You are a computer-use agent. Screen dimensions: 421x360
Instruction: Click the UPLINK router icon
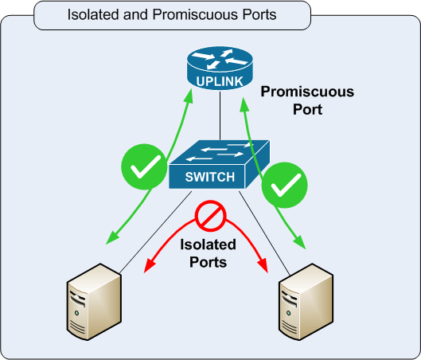pos(220,68)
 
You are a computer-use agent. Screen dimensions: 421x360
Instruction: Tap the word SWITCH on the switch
pos(210,177)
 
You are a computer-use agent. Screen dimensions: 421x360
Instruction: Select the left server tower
pos(94,302)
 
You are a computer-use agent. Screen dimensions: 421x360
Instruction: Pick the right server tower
pos(306,302)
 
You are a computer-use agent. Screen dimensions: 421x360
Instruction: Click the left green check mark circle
pos(144,166)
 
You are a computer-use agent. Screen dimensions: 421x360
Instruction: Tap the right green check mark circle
pos(285,185)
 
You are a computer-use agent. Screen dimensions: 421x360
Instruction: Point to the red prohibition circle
pos(211,216)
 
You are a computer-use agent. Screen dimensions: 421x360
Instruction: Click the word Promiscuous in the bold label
pos(307,92)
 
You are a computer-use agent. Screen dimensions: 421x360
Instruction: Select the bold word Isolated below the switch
pos(208,245)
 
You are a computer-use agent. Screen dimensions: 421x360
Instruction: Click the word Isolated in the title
pos(93,14)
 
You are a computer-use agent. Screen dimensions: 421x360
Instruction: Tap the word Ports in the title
pos(259,14)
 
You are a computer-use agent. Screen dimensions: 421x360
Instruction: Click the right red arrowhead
pos(263,266)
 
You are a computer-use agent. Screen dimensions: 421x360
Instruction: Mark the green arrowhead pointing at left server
pos(112,238)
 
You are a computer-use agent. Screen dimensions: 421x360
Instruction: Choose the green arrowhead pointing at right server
pos(299,243)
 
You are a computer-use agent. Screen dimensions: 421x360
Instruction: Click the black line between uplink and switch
pos(220,115)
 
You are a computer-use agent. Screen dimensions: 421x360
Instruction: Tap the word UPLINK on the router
pos(220,81)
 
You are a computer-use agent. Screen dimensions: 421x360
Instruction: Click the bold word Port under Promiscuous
pos(307,109)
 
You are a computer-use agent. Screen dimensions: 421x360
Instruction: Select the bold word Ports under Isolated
pos(208,262)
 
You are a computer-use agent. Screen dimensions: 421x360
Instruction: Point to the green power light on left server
pos(76,313)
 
